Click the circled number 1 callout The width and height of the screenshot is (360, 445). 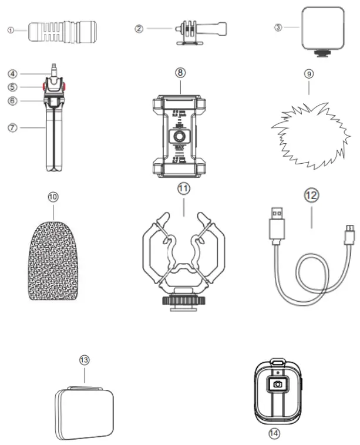[10, 29]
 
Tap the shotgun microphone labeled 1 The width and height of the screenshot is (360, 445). [62, 29]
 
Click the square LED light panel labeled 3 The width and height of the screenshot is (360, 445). [322, 27]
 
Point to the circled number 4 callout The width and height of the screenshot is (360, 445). [12, 74]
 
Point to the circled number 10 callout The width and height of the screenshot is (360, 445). [53, 198]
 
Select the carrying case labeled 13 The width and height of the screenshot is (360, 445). [85, 410]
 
